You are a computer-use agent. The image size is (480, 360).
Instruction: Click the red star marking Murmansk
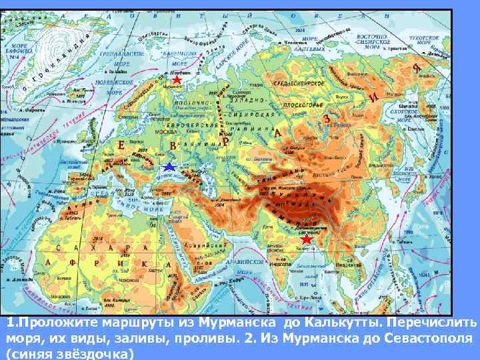(x=176, y=80)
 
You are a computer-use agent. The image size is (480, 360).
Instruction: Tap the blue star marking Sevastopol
(x=169, y=167)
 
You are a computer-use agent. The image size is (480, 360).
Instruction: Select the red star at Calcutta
(x=306, y=239)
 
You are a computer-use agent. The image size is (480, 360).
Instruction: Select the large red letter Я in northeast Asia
(x=416, y=68)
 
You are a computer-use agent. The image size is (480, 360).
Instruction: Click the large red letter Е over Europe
(x=121, y=145)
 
